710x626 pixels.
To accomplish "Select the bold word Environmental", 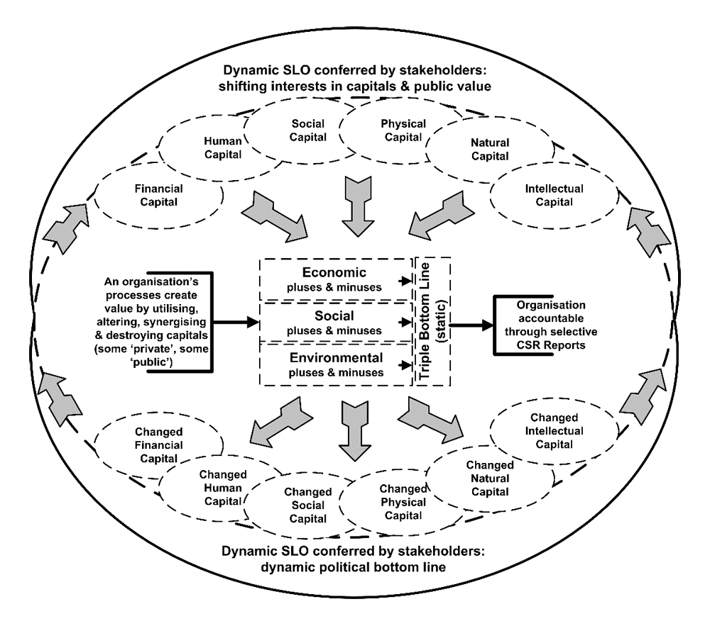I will click(x=333, y=358).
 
